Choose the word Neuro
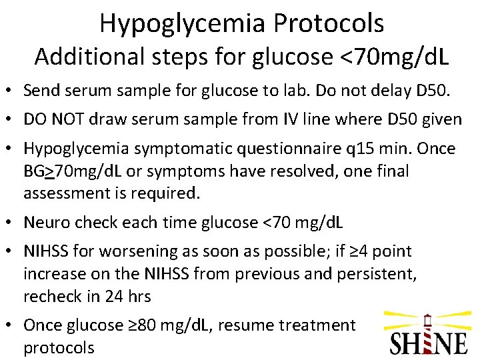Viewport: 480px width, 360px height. (45, 222)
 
